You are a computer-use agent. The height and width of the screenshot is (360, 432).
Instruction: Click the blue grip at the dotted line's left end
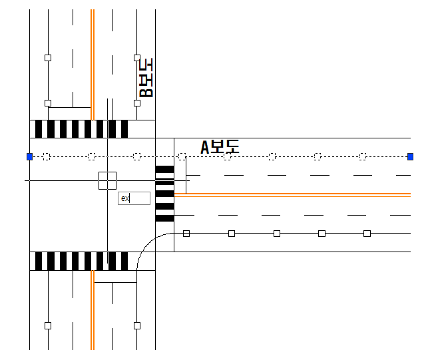point(29,156)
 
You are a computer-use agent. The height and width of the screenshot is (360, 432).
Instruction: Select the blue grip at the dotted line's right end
point(410,156)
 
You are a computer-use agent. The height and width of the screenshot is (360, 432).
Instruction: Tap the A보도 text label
point(220,147)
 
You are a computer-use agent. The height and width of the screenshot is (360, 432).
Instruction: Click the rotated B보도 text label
point(145,78)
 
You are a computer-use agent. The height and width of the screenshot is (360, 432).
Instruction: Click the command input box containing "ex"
point(133,198)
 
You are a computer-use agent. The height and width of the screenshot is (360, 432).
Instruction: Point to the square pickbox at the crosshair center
point(107,180)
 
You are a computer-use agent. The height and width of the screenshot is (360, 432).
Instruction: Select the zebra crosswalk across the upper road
point(81,128)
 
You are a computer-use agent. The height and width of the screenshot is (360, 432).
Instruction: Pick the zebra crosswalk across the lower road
point(81,261)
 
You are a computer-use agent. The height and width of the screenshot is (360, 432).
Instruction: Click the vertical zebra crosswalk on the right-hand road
point(164,194)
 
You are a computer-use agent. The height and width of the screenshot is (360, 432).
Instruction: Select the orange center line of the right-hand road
point(300,194)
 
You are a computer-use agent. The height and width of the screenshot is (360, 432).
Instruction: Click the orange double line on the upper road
point(93,63)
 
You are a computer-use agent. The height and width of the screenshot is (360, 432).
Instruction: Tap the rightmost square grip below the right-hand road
point(367,234)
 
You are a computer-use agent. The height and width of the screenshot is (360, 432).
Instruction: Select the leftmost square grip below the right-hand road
point(186,234)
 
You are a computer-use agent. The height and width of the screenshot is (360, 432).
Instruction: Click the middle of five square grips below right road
point(277,234)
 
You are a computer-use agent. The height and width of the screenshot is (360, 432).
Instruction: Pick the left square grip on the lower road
point(48,325)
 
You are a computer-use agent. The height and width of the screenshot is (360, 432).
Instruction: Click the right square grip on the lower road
point(137,325)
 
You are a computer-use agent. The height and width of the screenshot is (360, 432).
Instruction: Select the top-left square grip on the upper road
point(48,58)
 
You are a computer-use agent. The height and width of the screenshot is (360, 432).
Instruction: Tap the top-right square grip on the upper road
point(137,58)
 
